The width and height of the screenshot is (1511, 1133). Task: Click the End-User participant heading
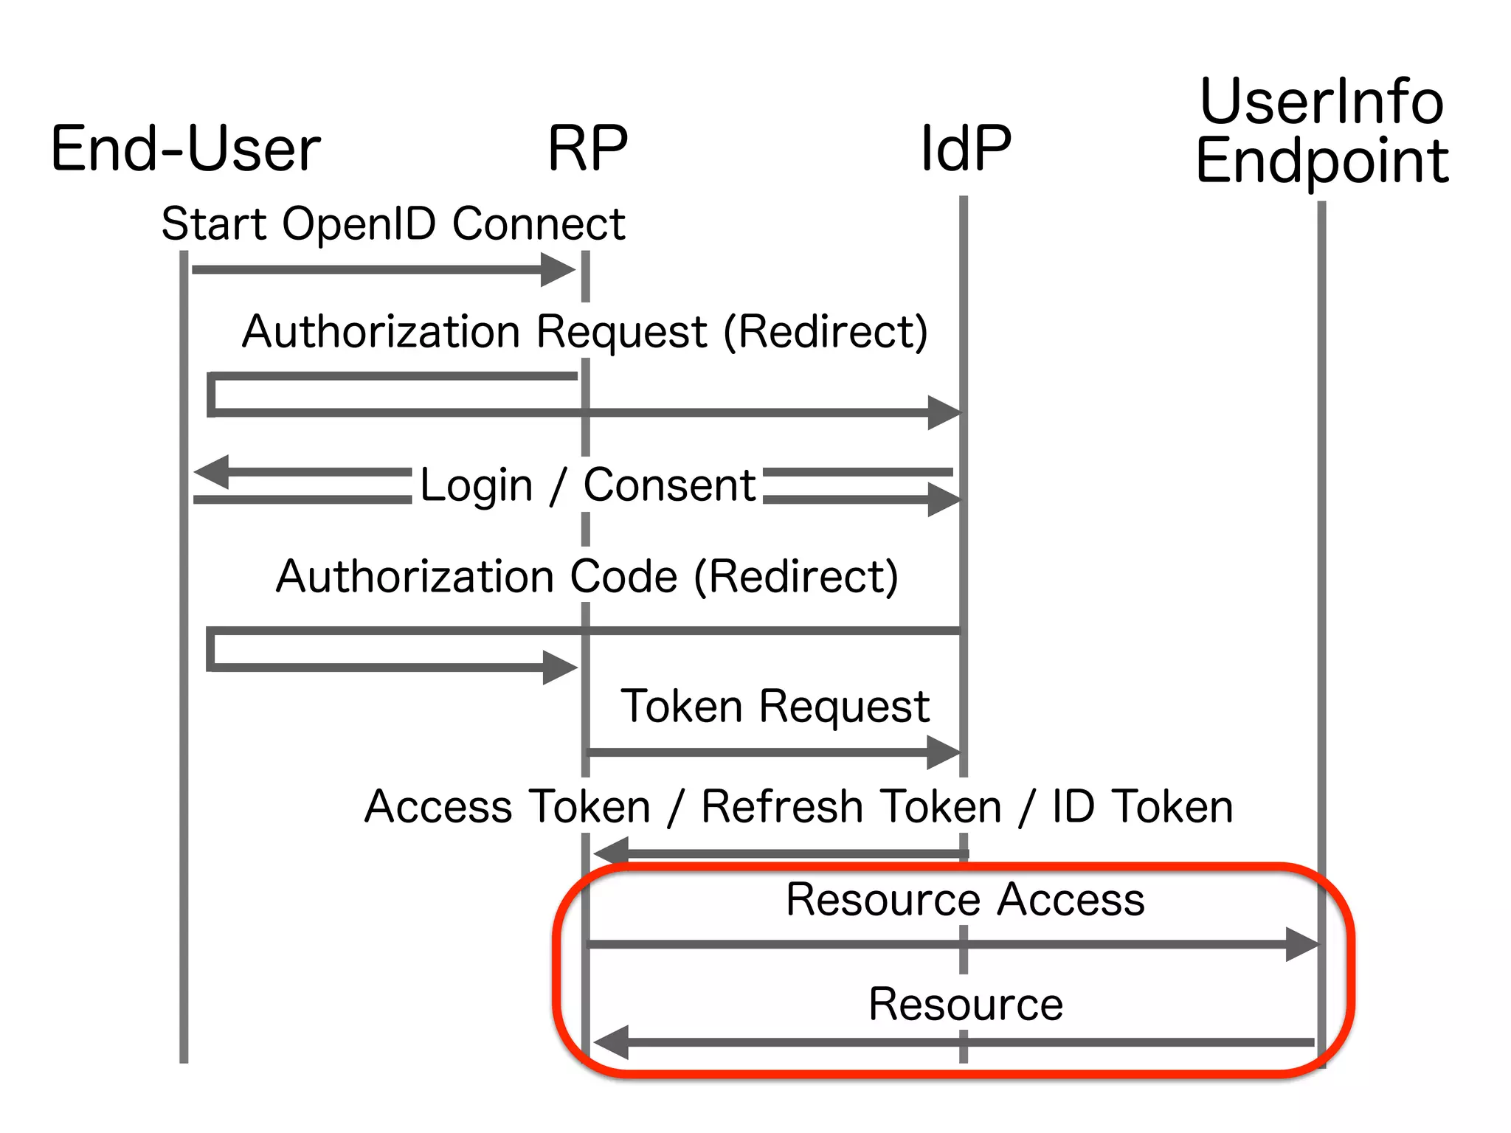point(185,150)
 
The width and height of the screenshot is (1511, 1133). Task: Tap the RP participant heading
point(587,150)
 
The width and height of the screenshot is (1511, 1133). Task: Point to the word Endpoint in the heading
point(1322,162)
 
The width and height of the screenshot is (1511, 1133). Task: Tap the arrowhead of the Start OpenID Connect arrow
point(559,270)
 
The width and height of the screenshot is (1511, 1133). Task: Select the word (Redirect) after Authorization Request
point(825,331)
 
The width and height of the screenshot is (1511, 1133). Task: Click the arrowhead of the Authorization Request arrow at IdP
point(944,412)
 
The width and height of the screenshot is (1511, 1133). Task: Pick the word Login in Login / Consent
point(476,485)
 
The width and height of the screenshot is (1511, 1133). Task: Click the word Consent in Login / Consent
point(669,485)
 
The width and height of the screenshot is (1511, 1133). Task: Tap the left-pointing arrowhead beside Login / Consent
point(211,472)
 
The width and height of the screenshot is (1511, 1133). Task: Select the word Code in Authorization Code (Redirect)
point(623,576)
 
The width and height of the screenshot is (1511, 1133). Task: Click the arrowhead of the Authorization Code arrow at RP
point(560,668)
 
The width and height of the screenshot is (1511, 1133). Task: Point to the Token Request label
point(775,706)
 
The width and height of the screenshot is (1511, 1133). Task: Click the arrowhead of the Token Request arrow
point(944,752)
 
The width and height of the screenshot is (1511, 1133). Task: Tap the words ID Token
point(1142,806)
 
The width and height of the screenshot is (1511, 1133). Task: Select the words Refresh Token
point(851,806)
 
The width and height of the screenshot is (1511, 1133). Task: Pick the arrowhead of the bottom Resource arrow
point(611,1042)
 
